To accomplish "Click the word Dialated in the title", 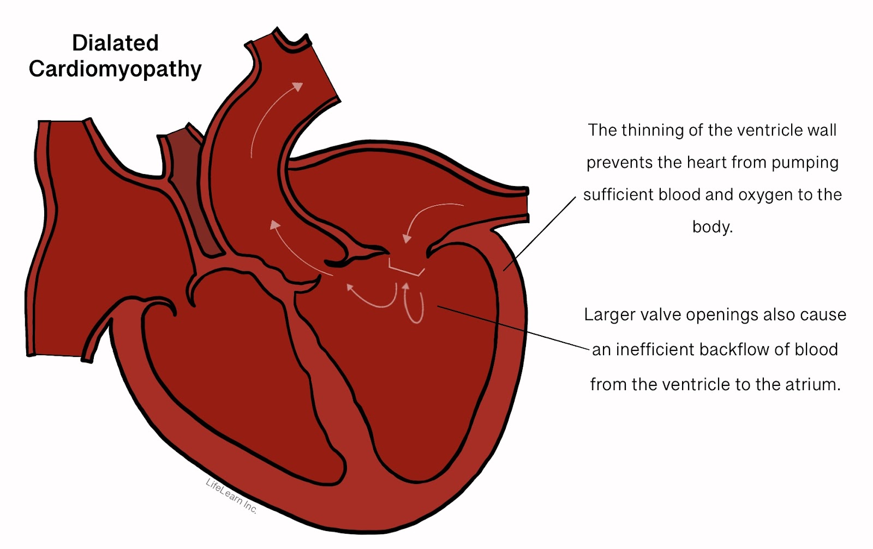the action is [115, 43].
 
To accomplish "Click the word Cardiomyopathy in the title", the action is [115, 69].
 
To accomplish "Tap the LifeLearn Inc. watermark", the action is [231, 496].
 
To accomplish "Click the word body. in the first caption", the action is [712, 226].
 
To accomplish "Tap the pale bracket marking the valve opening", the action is [406, 270].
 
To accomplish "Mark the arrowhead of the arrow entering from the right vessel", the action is [406, 238].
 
